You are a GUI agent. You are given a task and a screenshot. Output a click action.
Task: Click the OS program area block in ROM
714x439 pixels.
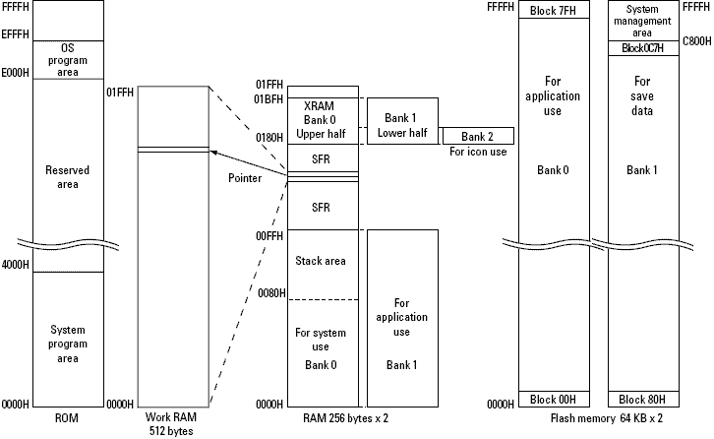tap(67, 59)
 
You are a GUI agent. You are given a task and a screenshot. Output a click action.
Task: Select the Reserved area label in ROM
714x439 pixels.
tap(67, 177)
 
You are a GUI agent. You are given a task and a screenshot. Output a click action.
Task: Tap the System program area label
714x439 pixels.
tap(67, 345)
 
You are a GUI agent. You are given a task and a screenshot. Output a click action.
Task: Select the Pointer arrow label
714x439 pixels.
tap(245, 178)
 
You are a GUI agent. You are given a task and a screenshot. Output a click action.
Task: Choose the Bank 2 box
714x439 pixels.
tap(478, 136)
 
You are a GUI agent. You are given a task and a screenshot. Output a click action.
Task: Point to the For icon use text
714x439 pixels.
tap(478, 152)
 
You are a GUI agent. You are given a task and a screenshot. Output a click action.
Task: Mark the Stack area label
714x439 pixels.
tap(320, 260)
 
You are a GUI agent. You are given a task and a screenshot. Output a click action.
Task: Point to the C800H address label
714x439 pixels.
tap(696, 41)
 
